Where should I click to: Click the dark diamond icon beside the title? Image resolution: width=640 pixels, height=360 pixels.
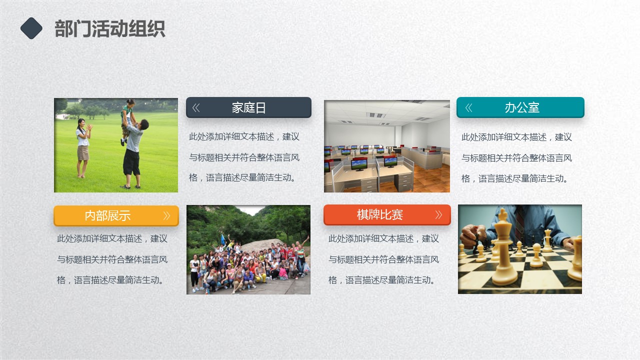click(x=31, y=28)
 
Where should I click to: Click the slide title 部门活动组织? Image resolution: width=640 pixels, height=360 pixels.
click(x=109, y=29)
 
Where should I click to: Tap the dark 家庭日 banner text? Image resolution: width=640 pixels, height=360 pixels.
click(x=248, y=107)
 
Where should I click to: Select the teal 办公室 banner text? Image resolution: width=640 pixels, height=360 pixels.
click(x=522, y=107)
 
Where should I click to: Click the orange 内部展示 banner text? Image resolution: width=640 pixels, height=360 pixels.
click(x=107, y=215)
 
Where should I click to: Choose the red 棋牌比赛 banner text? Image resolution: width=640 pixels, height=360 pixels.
click(x=379, y=214)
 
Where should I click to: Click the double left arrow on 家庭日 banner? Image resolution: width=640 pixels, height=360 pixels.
click(x=196, y=107)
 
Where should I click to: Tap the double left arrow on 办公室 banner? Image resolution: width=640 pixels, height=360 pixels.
click(x=468, y=107)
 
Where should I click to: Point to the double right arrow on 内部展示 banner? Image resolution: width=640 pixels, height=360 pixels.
click(x=166, y=215)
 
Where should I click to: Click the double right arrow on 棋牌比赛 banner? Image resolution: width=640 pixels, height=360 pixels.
click(x=438, y=214)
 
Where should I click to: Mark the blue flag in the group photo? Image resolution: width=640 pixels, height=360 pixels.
click(x=223, y=239)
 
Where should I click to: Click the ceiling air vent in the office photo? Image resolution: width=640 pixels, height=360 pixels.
click(x=376, y=115)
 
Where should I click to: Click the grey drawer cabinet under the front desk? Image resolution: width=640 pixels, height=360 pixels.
click(x=403, y=182)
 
